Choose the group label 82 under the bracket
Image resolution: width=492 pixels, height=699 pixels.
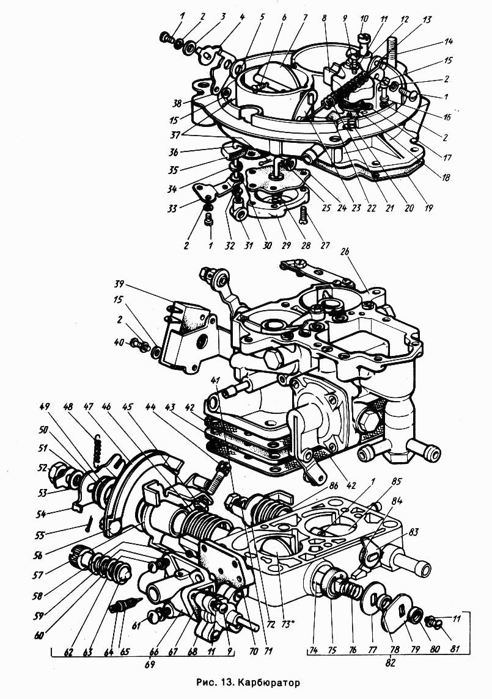click(x=391, y=662)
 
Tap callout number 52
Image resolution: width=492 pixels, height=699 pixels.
click(x=42, y=467)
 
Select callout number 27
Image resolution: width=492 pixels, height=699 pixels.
click(x=325, y=245)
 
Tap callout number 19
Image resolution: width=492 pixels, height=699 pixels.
click(x=428, y=208)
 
